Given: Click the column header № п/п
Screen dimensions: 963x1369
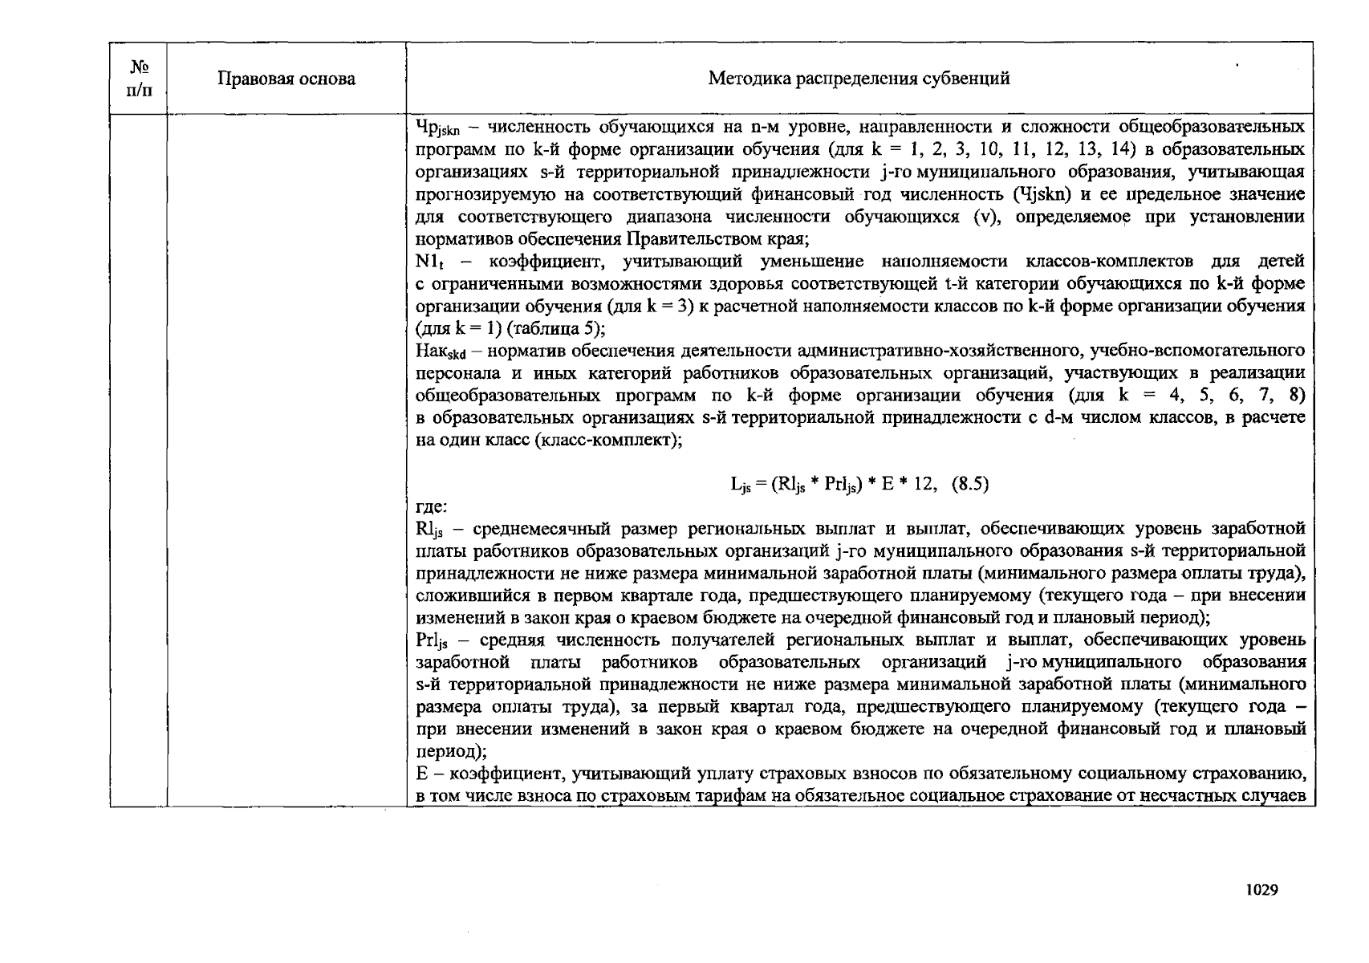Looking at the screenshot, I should (138, 78).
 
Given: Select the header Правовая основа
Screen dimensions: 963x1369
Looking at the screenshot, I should (286, 79).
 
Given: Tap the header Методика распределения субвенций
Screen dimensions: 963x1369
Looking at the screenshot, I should (859, 79).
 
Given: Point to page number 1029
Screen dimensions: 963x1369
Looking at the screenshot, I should (1261, 889).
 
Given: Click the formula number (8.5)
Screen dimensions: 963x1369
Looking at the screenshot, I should (969, 484).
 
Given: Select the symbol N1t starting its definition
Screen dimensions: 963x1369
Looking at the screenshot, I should (431, 262).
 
